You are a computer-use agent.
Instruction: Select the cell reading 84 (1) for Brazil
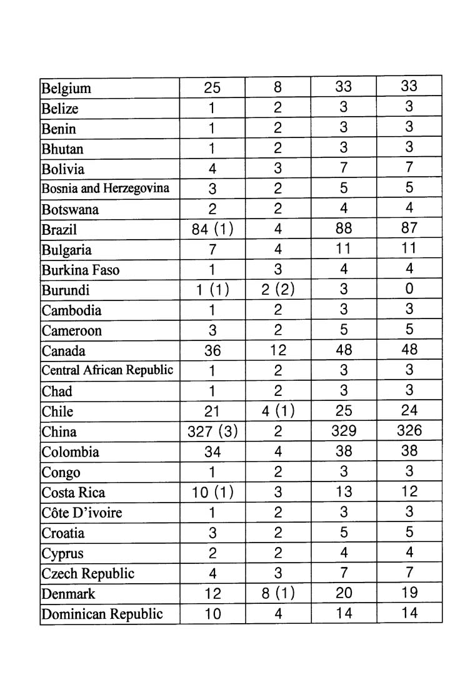[212, 229]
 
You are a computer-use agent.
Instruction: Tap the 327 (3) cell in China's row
[212, 431]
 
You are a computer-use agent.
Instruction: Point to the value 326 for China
[409, 431]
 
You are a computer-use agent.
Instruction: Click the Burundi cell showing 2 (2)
[278, 290]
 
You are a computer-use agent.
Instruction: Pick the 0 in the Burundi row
[409, 289]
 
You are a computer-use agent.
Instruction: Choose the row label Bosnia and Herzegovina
[105, 189]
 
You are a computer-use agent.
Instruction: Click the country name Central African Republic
[107, 370]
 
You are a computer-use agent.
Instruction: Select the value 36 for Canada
[212, 350]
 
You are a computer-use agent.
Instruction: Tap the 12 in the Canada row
[278, 350]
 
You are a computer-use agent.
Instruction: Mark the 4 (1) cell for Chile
[278, 411]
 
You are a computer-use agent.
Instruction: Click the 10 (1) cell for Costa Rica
[212, 492]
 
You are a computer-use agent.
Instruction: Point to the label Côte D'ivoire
[81, 513]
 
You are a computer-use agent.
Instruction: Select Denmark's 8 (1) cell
[278, 593]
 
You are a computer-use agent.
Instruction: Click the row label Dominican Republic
[102, 614]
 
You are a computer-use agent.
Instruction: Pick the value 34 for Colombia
[212, 451]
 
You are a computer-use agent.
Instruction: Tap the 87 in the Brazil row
[409, 229]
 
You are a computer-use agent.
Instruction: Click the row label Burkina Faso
[80, 270]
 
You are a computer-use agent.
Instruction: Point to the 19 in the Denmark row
[409, 593]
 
